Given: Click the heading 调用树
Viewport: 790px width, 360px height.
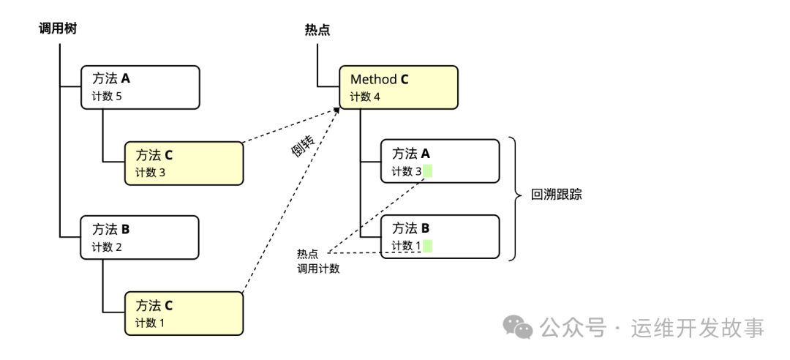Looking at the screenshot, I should [x=58, y=29].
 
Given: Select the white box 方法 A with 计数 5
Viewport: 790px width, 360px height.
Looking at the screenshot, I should [x=140, y=87].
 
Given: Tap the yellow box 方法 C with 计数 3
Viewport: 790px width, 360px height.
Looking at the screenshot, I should [x=183, y=163].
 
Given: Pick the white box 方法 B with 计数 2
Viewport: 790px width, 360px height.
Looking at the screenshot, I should [x=140, y=237].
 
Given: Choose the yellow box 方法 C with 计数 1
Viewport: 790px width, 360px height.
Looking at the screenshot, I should [x=183, y=313].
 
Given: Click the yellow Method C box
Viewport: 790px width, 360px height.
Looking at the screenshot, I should [x=399, y=87].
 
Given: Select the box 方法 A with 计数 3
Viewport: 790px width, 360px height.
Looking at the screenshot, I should [x=440, y=162].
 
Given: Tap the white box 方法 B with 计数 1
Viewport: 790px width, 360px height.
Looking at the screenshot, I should [x=440, y=236].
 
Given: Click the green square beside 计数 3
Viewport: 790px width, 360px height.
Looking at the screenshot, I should [x=428, y=171].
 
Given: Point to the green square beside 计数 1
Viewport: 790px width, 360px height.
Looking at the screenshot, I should [x=428, y=246].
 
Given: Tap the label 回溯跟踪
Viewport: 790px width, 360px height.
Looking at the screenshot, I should [x=557, y=195].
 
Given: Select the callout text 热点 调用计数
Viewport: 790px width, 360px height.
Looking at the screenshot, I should [x=318, y=261].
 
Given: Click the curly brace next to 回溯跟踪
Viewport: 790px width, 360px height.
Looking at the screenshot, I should [x=516, y=198].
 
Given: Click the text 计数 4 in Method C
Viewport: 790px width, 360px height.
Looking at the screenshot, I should [x=365, y=97].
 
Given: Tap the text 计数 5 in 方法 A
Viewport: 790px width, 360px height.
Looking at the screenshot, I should [x=107, y=97].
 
